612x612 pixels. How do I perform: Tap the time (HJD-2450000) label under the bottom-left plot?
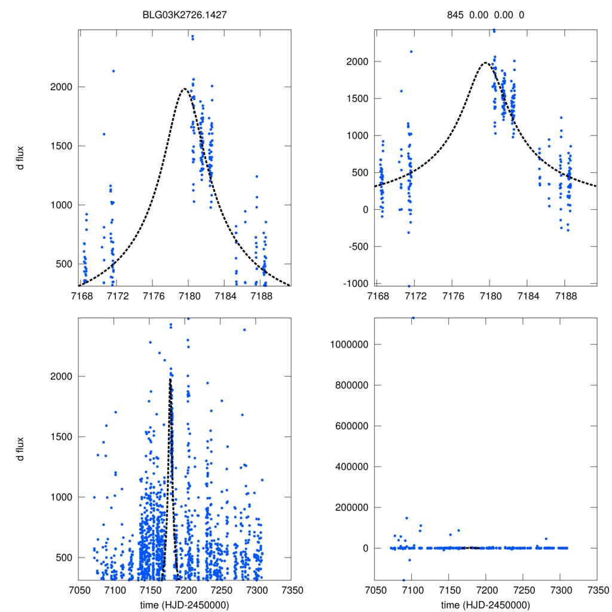point(185,605)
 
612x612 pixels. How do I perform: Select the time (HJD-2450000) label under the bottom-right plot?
point(485,605)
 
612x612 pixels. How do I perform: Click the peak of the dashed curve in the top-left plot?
point(185,89)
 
